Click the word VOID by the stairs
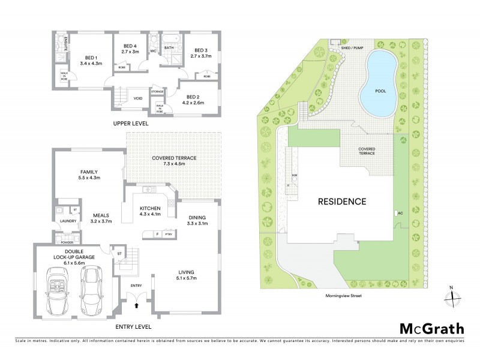(138, 98)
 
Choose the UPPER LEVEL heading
(130, 124)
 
